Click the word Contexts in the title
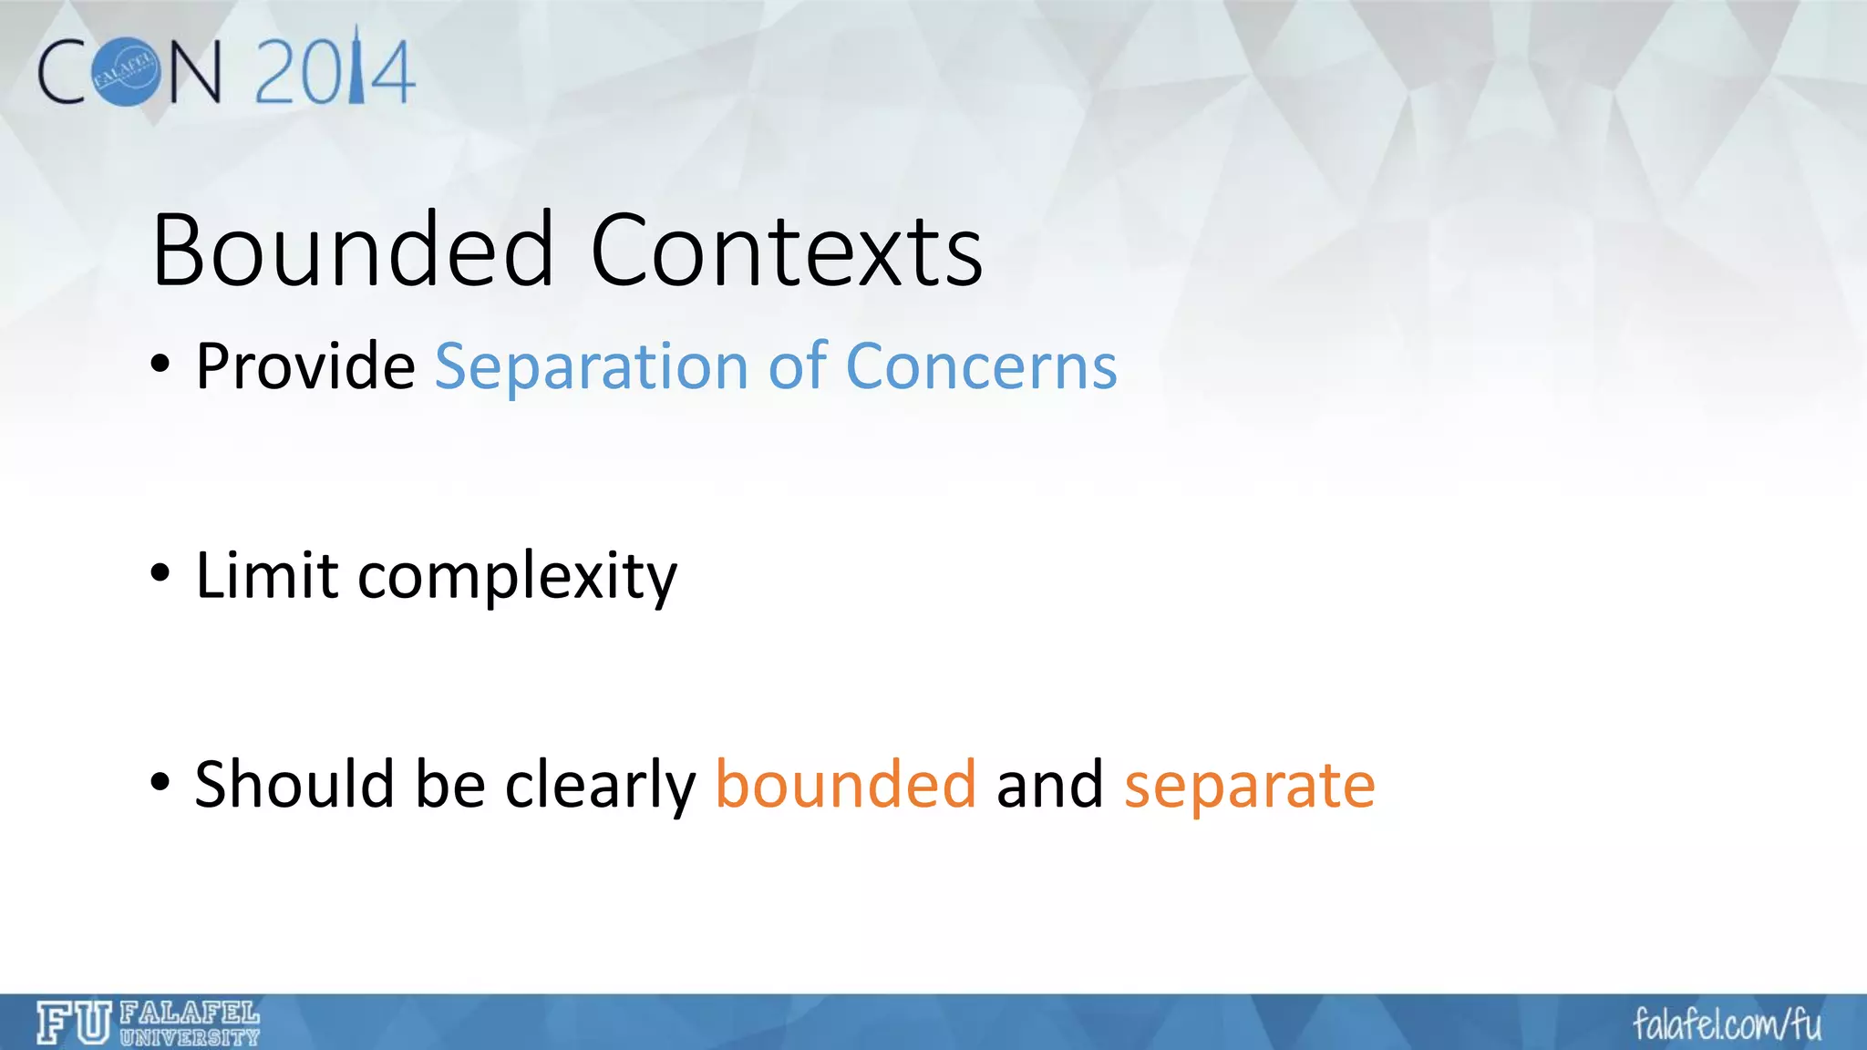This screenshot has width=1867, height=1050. (786, 250)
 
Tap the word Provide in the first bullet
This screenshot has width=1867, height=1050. (305, 366)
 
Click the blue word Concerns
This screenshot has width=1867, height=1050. (981, 366)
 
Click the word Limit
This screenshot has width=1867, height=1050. (267, 576)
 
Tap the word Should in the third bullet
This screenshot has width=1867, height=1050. (294, 784)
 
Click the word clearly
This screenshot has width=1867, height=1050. (600, 786)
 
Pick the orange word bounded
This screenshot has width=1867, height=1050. (845, 784)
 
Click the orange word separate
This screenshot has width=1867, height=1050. (1249, 786)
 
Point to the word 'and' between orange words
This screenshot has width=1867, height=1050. (1049, 784)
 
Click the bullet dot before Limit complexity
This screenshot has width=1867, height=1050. (160, 574)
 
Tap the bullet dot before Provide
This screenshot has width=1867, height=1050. (160, 365)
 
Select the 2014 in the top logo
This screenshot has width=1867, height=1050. (335, 71)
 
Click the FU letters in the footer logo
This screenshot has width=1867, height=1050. (74, 1023)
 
